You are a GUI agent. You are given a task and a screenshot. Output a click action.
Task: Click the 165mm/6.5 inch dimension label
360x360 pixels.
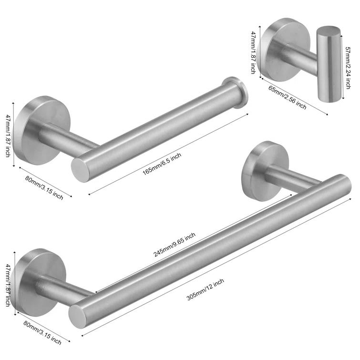pos(162,163)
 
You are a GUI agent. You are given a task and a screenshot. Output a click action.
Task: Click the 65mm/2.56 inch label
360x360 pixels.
pos(288,98)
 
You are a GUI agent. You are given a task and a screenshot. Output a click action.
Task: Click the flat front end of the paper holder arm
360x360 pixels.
pos(81,169)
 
